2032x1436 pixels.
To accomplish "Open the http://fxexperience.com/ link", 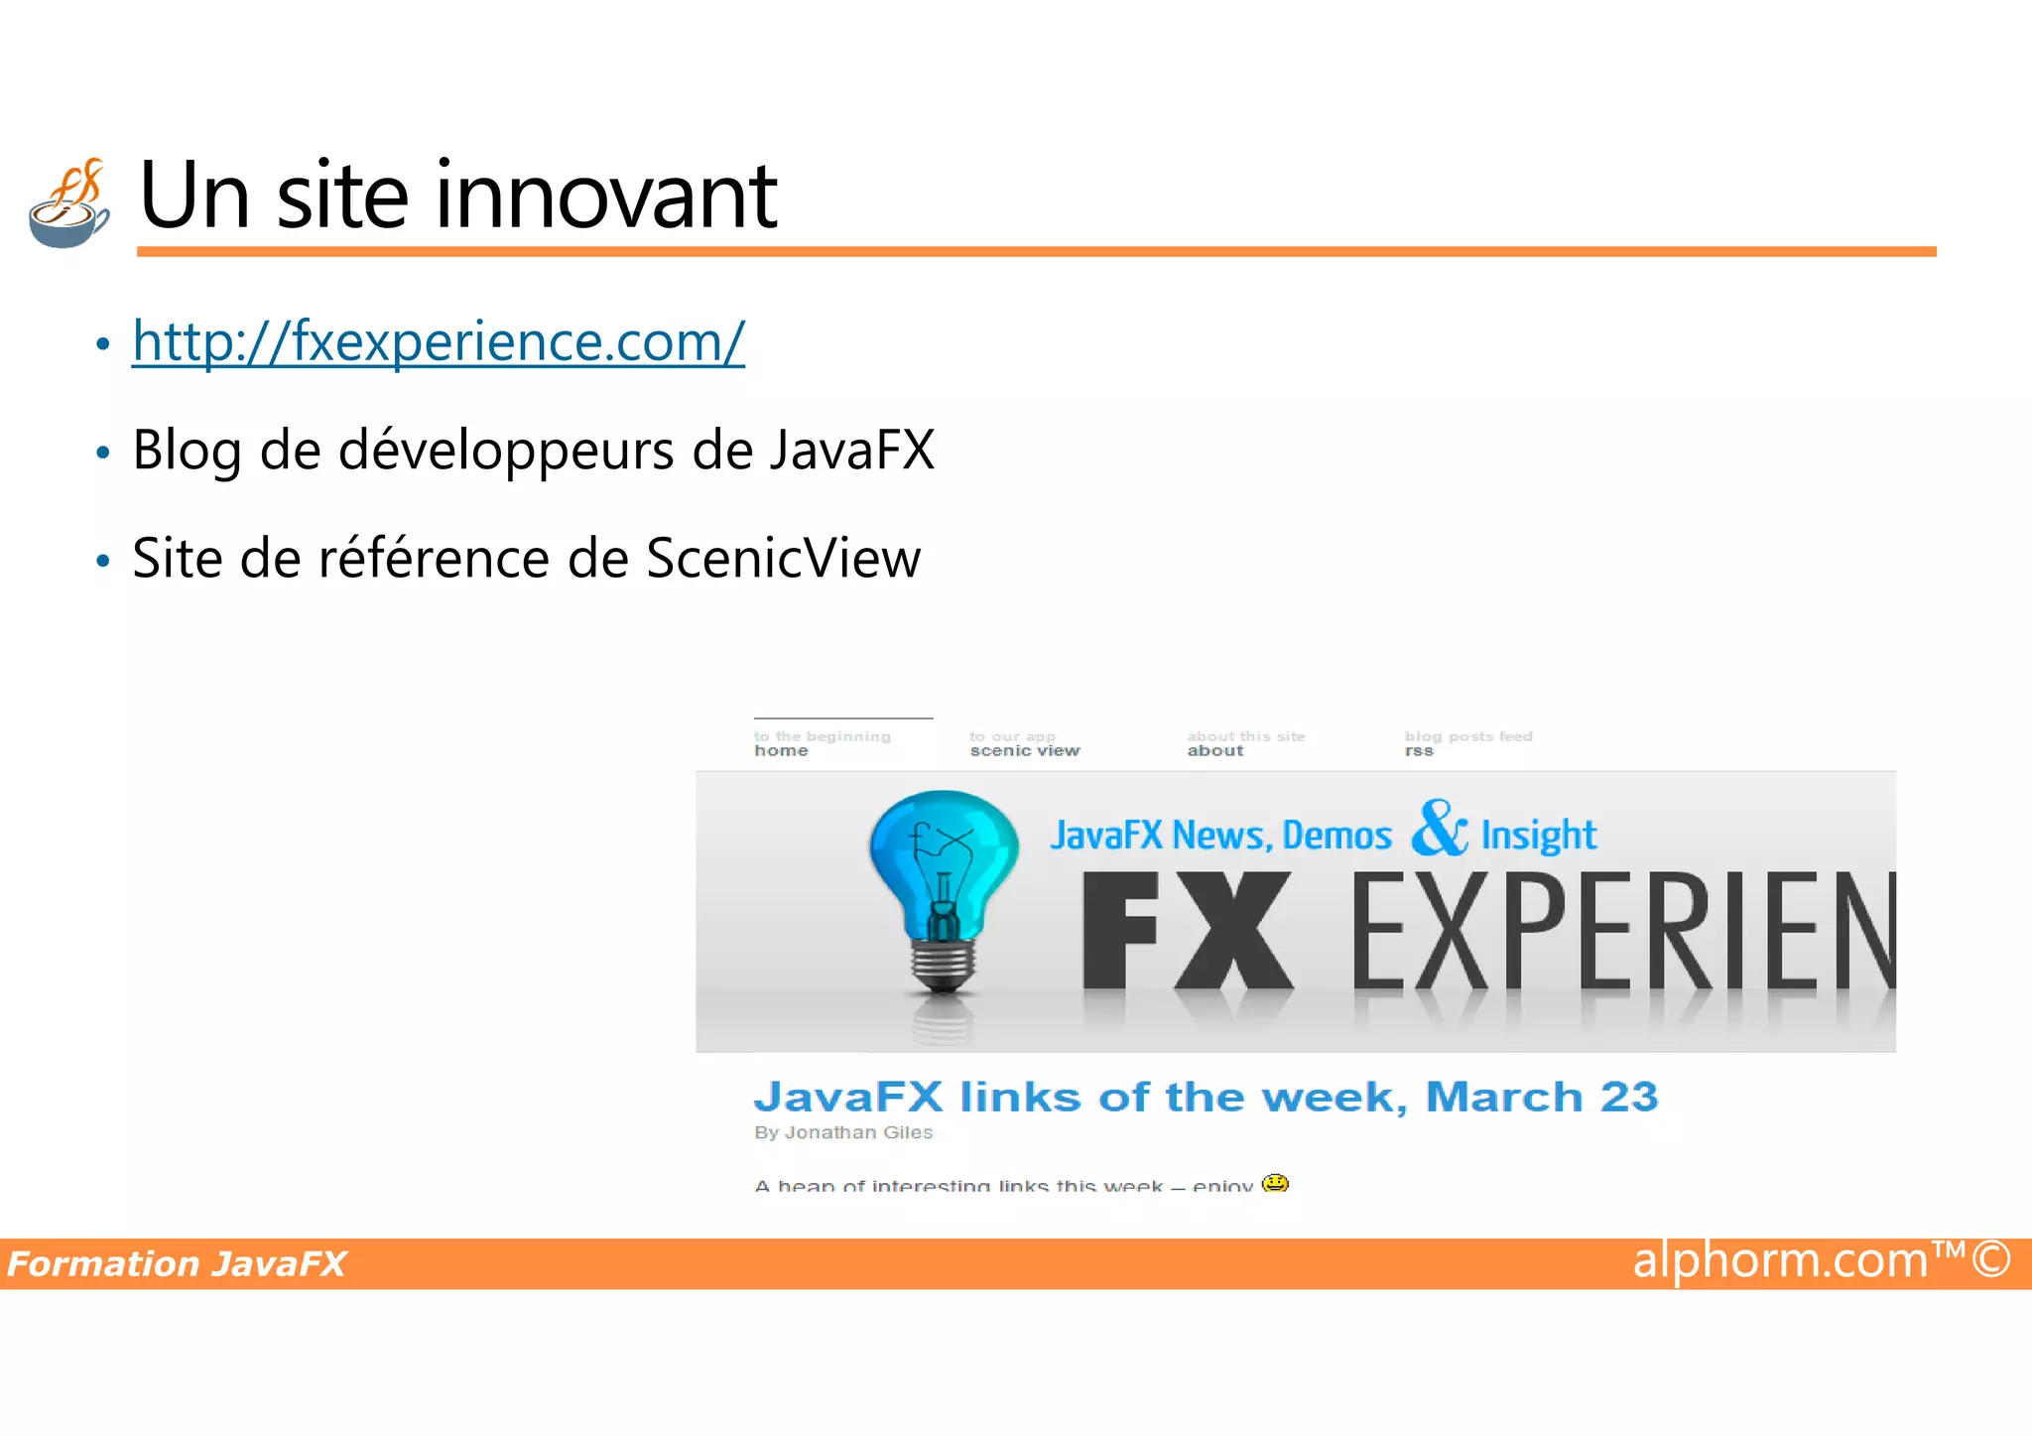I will pos(438,341).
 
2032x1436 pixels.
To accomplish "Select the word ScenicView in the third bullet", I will pos(783,558).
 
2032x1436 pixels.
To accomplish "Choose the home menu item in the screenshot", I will pos(781,751).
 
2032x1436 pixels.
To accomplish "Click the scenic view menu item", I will pos(1024,751).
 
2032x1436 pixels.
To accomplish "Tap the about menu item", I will pos(1214,751).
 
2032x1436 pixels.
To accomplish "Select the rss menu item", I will pos(1418,751).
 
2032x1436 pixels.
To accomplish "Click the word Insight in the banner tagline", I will pos(1538,836).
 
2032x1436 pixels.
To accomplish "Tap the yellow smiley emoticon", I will pos(1275,1183).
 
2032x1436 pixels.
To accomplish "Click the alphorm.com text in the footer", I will pos(1780,1260).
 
